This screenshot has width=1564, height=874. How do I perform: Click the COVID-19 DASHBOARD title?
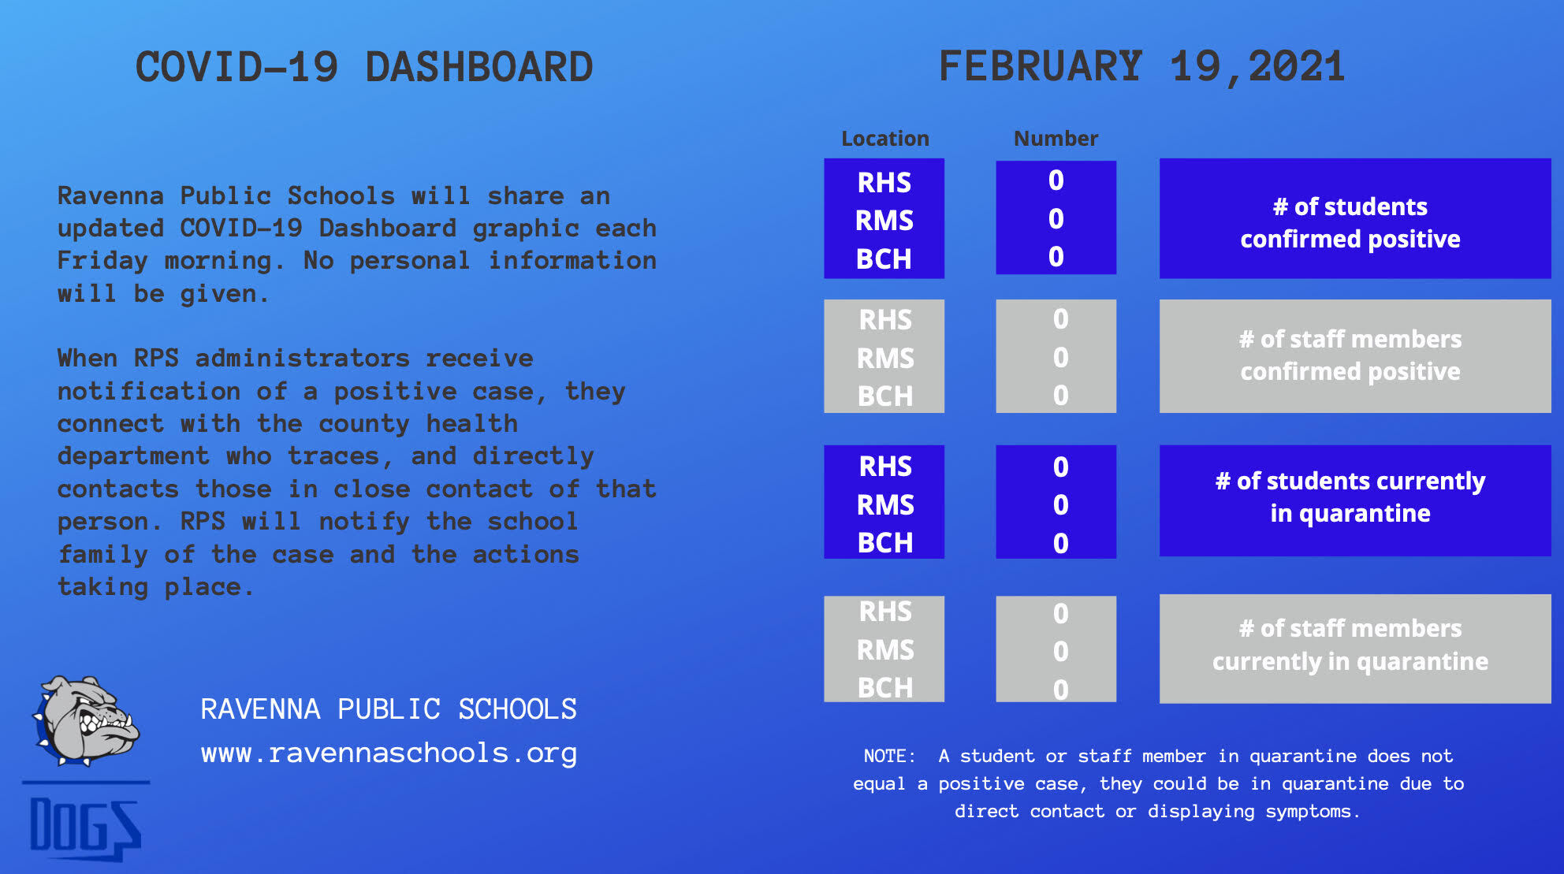364,67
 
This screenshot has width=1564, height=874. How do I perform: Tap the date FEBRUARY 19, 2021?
1141,66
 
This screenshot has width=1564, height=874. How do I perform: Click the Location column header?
885,139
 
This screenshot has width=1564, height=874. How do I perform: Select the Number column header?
1056,139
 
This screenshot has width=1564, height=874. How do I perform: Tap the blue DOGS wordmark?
85,828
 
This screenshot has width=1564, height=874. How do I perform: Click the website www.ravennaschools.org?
389,753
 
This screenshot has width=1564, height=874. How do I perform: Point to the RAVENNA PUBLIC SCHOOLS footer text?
389,709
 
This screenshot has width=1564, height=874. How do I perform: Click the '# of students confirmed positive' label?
1350,222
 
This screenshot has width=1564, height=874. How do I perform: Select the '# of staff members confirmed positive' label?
1350,355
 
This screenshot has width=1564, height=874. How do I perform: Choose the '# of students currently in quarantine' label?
1350,497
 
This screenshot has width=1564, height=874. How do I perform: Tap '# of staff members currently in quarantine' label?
1350,645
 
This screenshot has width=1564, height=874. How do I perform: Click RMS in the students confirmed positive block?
884,221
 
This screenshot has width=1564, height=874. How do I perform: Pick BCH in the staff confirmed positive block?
885,396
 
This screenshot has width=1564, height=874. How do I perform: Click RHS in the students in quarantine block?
885,467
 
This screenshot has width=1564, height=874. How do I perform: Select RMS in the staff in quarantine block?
885,650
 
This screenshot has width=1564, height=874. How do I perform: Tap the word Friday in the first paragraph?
102,261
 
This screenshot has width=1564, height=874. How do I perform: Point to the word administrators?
303,359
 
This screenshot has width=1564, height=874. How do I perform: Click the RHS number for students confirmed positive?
1056,180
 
